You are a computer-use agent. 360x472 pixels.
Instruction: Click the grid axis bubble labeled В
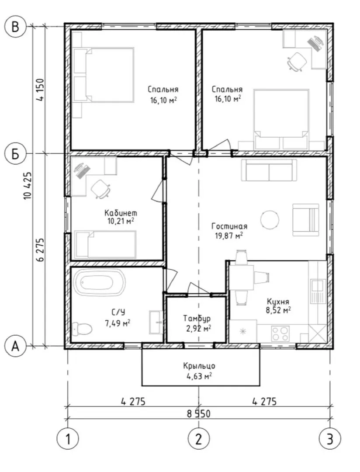coord(15,27)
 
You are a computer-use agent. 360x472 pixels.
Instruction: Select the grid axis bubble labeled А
coord(15,346)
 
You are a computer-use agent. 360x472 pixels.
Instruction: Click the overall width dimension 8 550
coord(199,413)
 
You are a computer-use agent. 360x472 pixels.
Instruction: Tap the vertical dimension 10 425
coord(28,186)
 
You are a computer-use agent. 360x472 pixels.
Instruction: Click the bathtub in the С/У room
coord(99,282)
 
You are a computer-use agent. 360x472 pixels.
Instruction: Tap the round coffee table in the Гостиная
coord(270,219)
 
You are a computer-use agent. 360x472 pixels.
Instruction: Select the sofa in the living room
coord(269,170)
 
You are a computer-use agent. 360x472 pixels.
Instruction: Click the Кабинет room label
coord(121,213)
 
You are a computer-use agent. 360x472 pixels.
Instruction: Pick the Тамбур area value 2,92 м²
coord(199,328)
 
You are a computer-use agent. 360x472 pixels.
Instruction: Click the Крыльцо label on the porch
coord(199,366)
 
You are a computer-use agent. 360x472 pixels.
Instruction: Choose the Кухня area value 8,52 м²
coord(278,310)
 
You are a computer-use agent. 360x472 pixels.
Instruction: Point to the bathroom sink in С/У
coord(156,322)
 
